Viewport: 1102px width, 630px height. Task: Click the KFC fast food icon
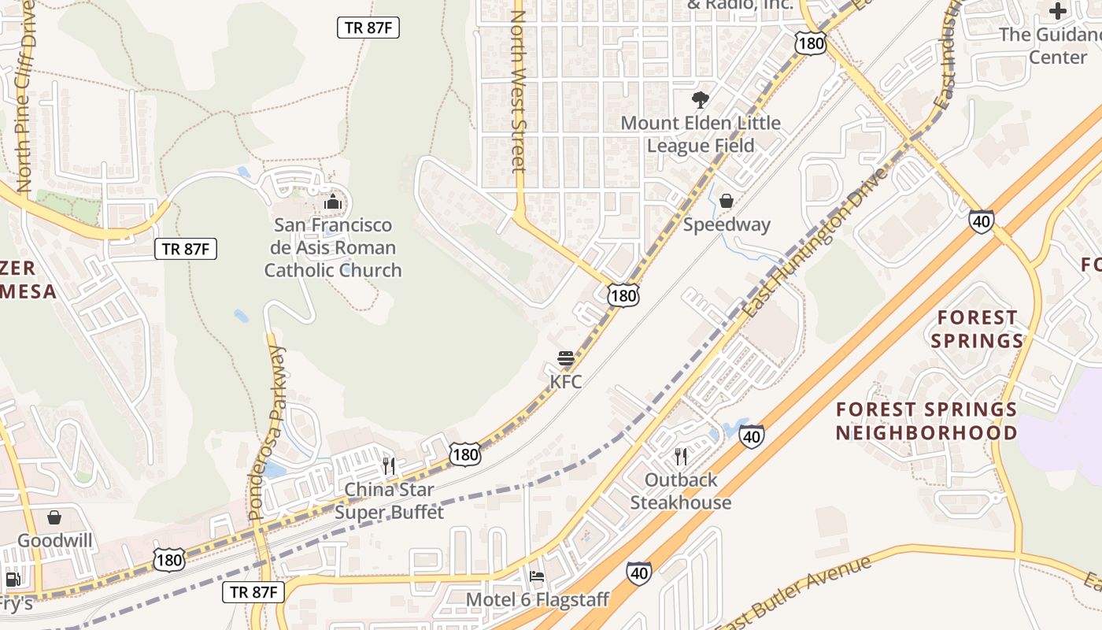click(565, 359)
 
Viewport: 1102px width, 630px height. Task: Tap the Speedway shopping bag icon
click(727, 201)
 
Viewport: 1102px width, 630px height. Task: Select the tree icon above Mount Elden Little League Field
click(699, 100)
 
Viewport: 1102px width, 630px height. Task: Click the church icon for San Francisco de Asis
click(333, 202)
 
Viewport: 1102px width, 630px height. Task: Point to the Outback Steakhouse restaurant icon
click(681, 456)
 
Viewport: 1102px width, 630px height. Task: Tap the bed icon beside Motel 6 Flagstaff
click(537, 576)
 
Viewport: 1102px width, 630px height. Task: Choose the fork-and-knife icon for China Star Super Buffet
click(389, 465)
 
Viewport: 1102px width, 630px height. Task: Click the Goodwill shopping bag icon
click(54, 517)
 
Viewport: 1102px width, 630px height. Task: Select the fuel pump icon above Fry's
click(13, 580)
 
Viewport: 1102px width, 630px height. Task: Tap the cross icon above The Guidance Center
click(1058, 11)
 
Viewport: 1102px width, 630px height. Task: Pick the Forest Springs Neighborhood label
click(926, 421)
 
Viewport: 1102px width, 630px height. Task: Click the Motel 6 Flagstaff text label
click(538, 600)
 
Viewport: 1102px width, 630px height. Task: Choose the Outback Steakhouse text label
click(681, 491)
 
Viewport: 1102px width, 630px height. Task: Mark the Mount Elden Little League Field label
click(701, 134)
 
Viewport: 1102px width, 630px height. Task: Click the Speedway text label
click(727, 224)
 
